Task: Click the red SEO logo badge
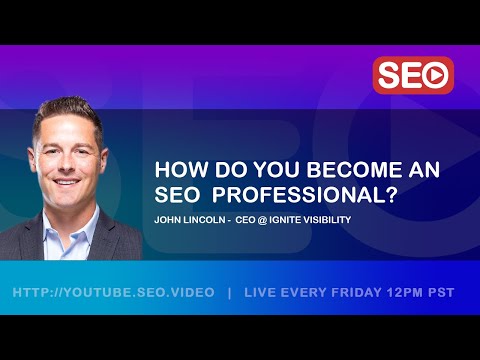click(x=413, y=75)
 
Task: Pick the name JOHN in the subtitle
click(x=166, y=219)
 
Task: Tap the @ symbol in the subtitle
click(x=262, y=219)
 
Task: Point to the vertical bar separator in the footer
click(x=230, y=293)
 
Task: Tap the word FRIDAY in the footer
click(x=357, y=293)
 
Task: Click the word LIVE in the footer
click(x=266, y=293)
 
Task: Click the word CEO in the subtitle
click(x=245, y=219)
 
